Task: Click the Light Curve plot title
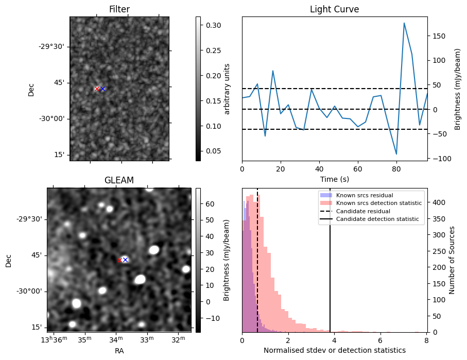(334, 9)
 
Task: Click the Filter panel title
(119, 9)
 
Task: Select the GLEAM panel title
(119, 180)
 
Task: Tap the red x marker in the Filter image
(97, 89)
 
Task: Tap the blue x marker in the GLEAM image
(125, 260)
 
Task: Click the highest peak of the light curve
(404, 23)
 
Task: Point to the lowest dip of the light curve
(396, 154)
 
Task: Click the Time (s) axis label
(334, 179)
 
